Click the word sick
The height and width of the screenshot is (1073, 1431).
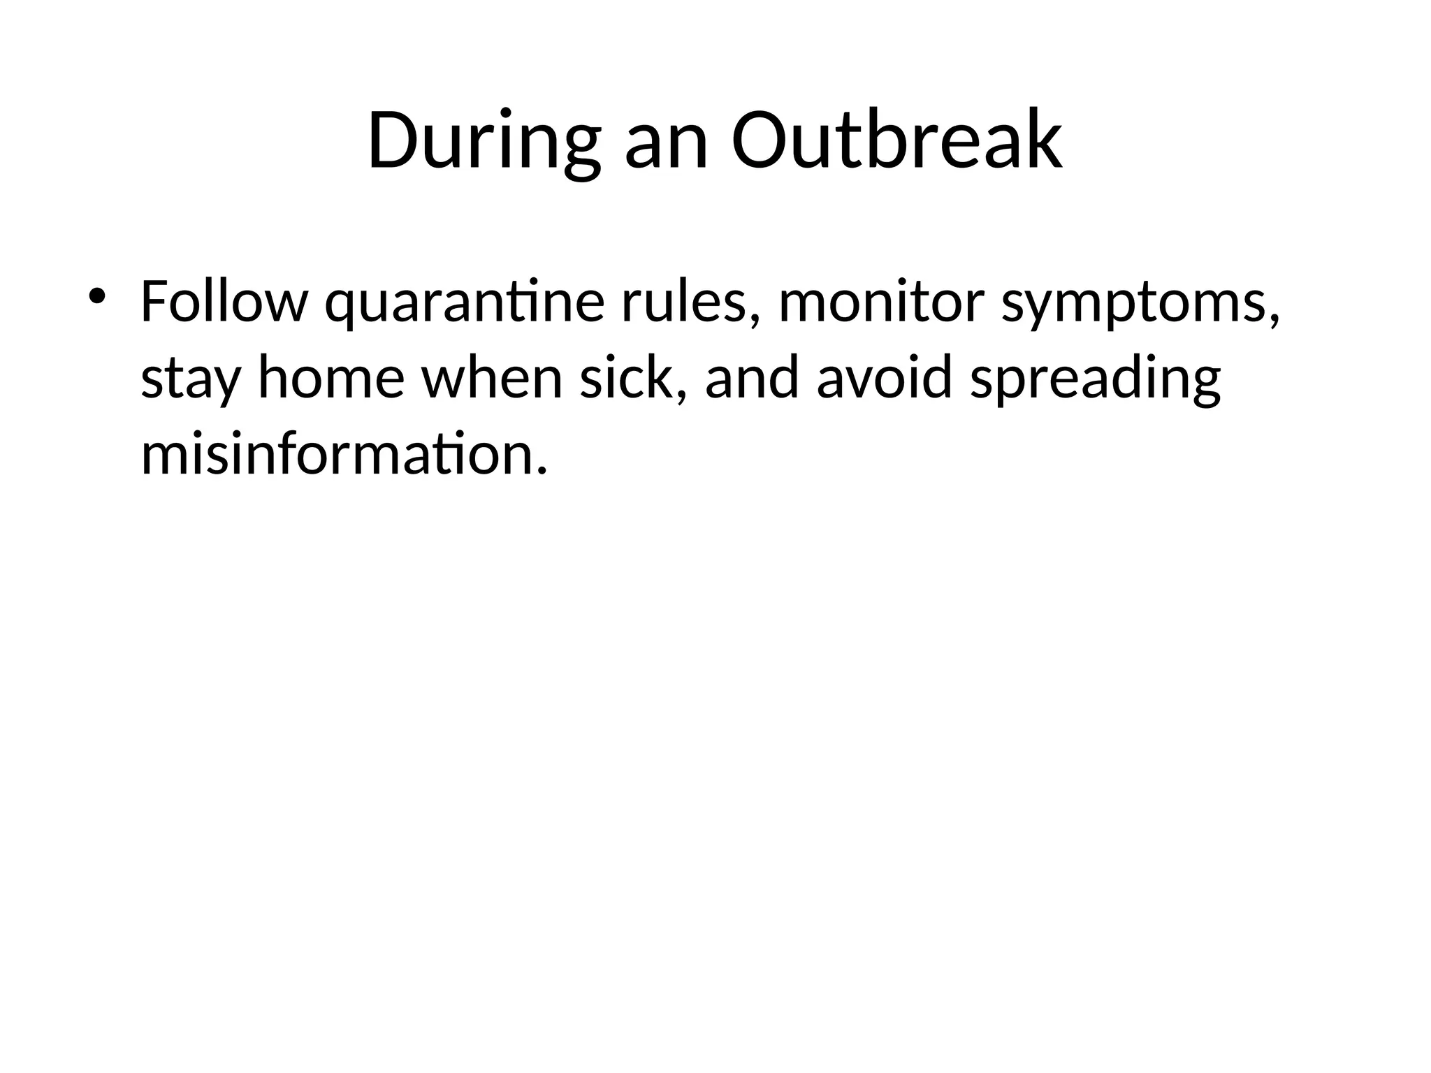625,377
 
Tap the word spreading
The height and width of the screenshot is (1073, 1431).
1095,382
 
